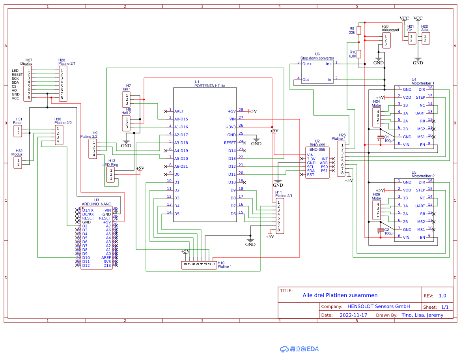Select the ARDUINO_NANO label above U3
click(96, 204)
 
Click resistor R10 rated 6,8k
click(358, 54)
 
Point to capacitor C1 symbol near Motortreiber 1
click(380, 137)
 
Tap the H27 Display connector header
click(29, 84)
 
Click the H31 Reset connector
click(18, 131)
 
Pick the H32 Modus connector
click(18, 163)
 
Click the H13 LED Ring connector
click(111, 174)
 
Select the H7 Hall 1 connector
click(127, 99)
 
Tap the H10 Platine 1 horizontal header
click(199, 265)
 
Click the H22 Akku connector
click(426, 38)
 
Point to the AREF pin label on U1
click(179, 111)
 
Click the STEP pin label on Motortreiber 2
click(420, 190)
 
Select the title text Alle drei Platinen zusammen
click(340, 295)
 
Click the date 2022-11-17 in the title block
click(353, 315)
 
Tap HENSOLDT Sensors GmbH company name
click(379, 306)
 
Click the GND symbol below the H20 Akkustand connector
click(378, 60)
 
